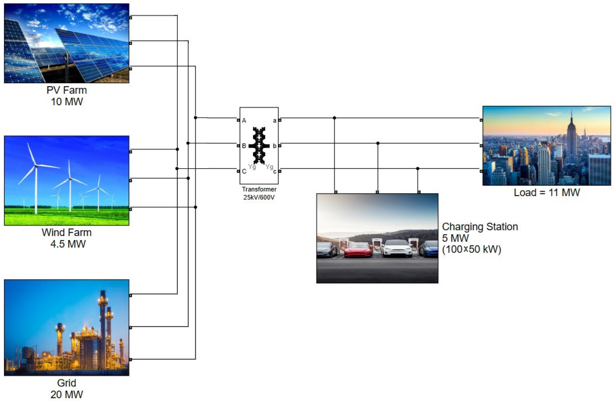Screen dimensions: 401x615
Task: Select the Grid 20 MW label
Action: (67, 389)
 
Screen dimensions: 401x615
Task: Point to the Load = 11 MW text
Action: (547, 193)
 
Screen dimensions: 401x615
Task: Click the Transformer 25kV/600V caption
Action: (259, 193)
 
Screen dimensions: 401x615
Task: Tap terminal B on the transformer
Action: (238, 146)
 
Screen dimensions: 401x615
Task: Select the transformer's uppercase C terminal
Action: (238, 171)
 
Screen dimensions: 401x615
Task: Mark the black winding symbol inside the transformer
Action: (259, 146)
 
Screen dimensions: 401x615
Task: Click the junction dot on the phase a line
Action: (334, 118)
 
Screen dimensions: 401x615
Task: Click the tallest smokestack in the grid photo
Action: (103, 323)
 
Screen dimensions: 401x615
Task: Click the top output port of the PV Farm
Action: (130, 18)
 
